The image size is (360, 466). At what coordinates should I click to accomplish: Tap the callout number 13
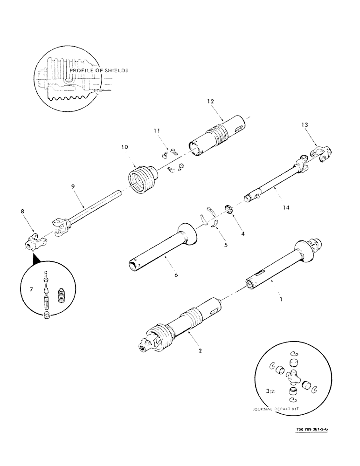point(305,125)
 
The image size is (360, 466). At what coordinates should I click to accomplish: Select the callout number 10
point(125,147)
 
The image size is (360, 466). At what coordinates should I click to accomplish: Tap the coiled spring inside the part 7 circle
point(61,296)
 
